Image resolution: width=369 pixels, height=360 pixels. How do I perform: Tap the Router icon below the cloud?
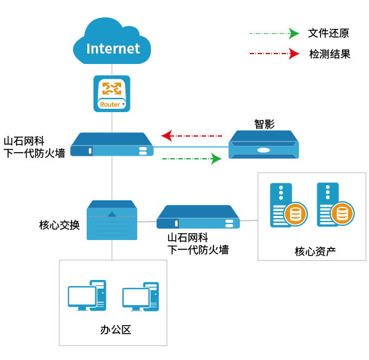[x=112, y=94]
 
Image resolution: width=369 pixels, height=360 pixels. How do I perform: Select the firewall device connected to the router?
[x=112, y=145]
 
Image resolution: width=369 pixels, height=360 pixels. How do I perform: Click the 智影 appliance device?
[x=263, y=145]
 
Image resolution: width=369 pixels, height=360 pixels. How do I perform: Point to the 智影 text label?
[x=264, y=124]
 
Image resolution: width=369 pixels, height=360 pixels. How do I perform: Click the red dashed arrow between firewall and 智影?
[x=191, y=135]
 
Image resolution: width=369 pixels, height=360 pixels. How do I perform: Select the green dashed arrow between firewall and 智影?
[x=191, y=159]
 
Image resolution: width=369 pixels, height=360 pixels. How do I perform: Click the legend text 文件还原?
[x=329, y=33]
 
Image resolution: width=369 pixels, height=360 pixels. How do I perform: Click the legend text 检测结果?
[x=329, y=54]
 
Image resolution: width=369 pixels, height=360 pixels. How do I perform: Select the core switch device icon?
[x=111, y=220]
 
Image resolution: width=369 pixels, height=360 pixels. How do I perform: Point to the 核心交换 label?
[x=59, y=225]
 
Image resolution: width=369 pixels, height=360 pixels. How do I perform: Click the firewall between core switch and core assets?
[x=197, y=217]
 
